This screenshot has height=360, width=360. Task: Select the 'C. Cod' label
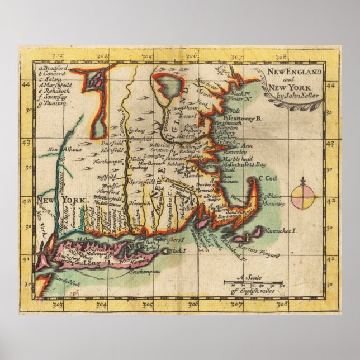click(269, 179)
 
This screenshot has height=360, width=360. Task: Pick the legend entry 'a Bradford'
click(54, 69)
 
